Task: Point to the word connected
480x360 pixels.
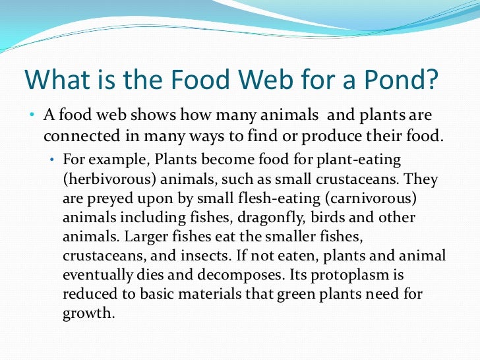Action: tap(77, 136)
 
